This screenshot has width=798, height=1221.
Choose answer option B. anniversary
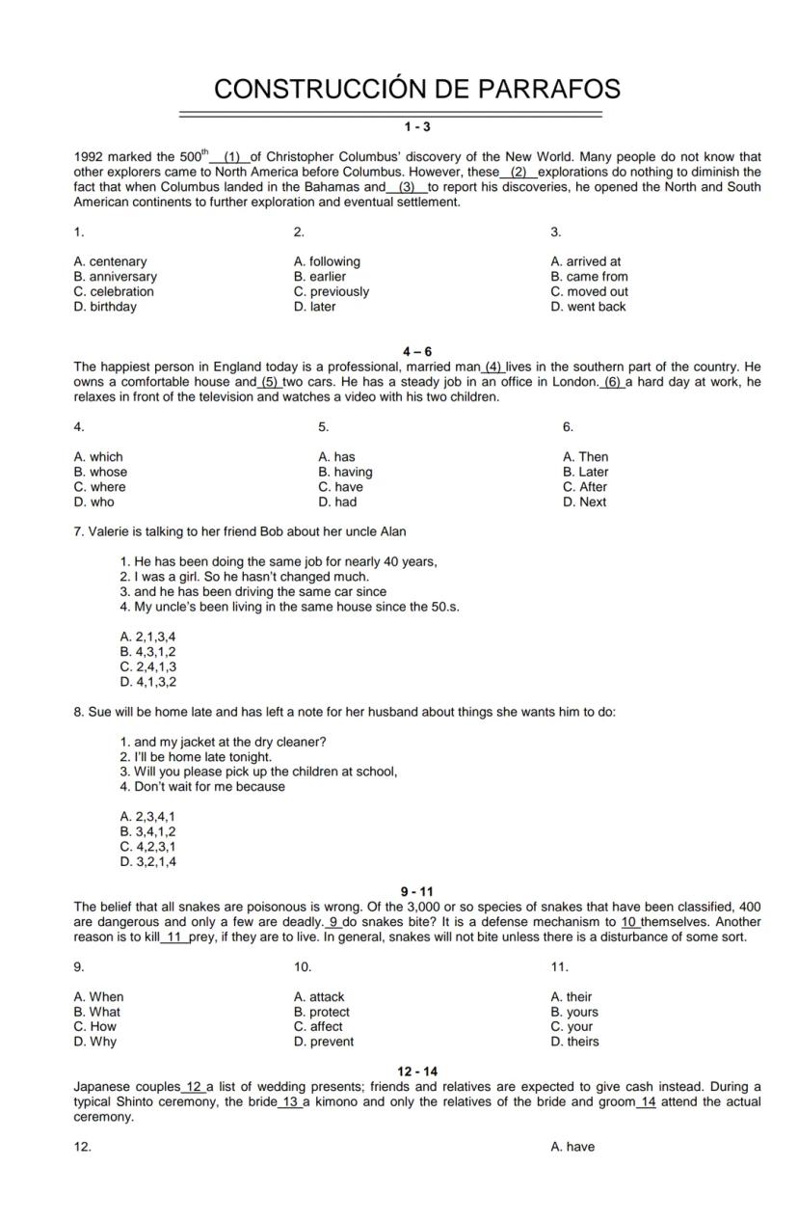click(x=115, y=277)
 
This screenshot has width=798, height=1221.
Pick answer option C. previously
click(x=332, y=291)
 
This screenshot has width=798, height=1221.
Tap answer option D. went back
click(x=588, y=307)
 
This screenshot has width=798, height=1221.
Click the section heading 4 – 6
click(x=417, y=352)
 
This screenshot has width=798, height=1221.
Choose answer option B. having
click(x=345, y=473)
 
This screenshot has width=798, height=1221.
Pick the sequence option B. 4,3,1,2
click(x=147, y=652)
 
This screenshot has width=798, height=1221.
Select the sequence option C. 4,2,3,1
click(x=147, y=847)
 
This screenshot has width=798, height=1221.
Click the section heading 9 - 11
click(x=417, y=892)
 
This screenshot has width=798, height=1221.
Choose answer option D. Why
click(x=94, y=1042)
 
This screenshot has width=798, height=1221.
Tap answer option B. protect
click(x=322, y=1012)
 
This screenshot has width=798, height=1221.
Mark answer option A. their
click(x=572, y=997)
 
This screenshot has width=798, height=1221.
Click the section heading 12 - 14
click(x=417, y=1072)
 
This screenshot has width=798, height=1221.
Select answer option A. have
click(x=572, y=1147)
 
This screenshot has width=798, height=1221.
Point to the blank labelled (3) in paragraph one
click(x=407, y=187)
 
